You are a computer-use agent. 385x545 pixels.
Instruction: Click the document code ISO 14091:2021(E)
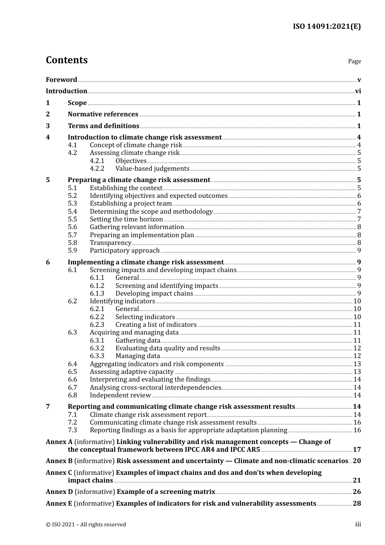point(327,26)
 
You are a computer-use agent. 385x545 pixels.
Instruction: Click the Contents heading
point(66,60)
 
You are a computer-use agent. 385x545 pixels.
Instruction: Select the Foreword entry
point(61,79)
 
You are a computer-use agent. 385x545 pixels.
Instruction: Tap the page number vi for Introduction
point(358,91)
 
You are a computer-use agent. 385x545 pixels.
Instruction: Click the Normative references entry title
point(103,114)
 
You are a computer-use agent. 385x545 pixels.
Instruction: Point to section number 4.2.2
point(97,169)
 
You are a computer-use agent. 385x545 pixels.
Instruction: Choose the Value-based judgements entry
point(152,169)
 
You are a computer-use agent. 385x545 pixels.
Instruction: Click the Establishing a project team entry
point(130,204)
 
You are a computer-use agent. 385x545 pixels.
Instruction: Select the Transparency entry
point(110,243)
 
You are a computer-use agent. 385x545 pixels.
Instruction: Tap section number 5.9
point(72,251)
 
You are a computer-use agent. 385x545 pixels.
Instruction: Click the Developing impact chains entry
point(154,294)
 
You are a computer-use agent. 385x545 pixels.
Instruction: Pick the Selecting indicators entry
point(145,317)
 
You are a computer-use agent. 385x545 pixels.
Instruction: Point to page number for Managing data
point(357,356)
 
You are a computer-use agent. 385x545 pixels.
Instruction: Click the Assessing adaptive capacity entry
point(132,372)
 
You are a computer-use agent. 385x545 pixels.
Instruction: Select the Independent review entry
point(120,395)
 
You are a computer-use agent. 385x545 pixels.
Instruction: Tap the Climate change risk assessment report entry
point(148,415)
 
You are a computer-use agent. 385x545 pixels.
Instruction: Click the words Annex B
point(59,461)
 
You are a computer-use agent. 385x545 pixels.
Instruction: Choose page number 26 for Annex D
point(357,492)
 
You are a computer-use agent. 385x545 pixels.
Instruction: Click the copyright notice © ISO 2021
point(86,525)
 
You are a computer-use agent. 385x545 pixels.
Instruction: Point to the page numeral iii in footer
point(358,524)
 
